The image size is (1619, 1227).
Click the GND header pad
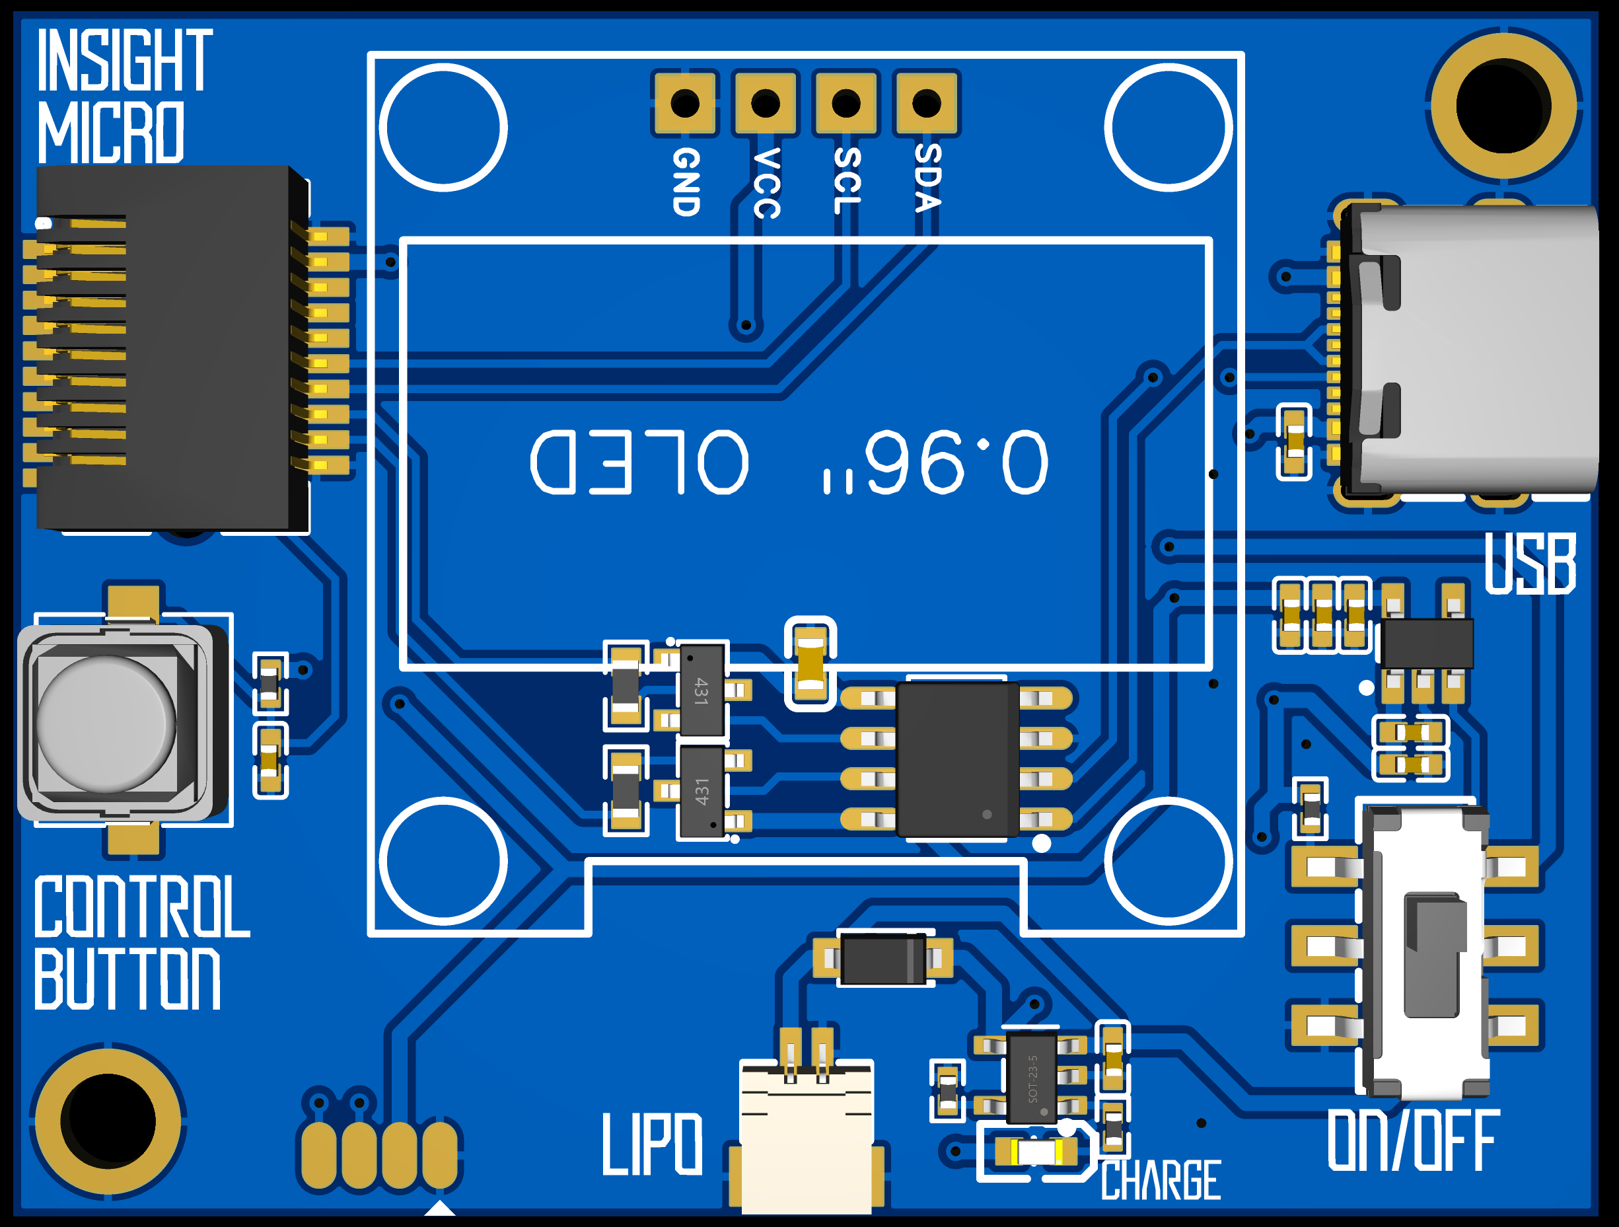click(684, 103)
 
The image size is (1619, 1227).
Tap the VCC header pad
click(765, 103)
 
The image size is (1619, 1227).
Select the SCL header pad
click(846, 103)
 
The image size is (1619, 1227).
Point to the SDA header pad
click(927, 103)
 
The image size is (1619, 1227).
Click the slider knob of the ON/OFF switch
click(1435, 955)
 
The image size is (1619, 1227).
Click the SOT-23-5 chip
click(1032, 1077)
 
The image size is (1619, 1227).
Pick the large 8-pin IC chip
click(956, 759)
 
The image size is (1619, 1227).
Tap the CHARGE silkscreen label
click(1161, 1180)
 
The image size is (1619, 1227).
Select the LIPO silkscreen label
click(652, 1144)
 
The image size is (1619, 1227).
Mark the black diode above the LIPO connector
click(882, 958)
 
